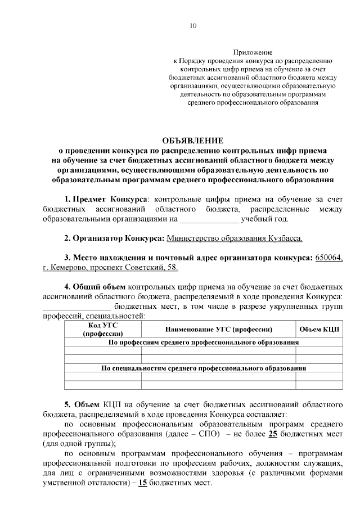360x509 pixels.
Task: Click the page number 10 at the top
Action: click(193, 25)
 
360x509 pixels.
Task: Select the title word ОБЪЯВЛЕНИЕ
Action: click(192, 140)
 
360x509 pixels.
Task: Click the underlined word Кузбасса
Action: click(285, 238)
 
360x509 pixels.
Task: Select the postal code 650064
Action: click(329, 258)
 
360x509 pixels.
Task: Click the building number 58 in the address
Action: click(173, 268)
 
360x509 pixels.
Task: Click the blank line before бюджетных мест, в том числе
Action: click(76, 307)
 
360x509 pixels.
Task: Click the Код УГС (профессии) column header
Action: click(102, 329)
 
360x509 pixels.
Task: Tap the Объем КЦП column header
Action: click(318, 329)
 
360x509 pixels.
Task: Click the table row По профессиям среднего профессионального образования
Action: click(203, 342)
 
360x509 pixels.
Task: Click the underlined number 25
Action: click(272, 434)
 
